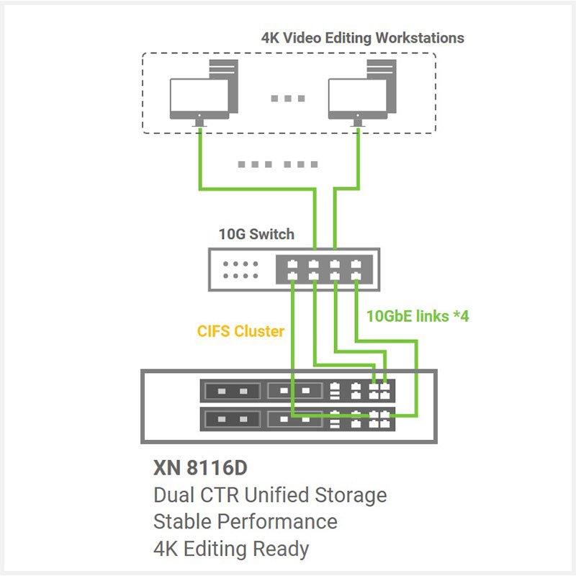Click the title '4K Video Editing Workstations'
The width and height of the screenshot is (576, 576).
pos(362,37)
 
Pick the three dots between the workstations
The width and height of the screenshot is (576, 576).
pos(288,99)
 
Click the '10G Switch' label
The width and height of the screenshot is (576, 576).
pos(256,234)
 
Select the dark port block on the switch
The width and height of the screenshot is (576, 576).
pos(323,270)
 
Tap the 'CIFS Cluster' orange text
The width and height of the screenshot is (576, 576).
pos(240,332)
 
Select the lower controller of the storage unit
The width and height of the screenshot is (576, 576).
pos(296,417)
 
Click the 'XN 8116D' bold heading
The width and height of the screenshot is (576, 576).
pos(200,468)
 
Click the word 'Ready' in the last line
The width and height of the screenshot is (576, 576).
pos(282,549)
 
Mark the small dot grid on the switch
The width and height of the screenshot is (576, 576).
pos(241,269)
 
